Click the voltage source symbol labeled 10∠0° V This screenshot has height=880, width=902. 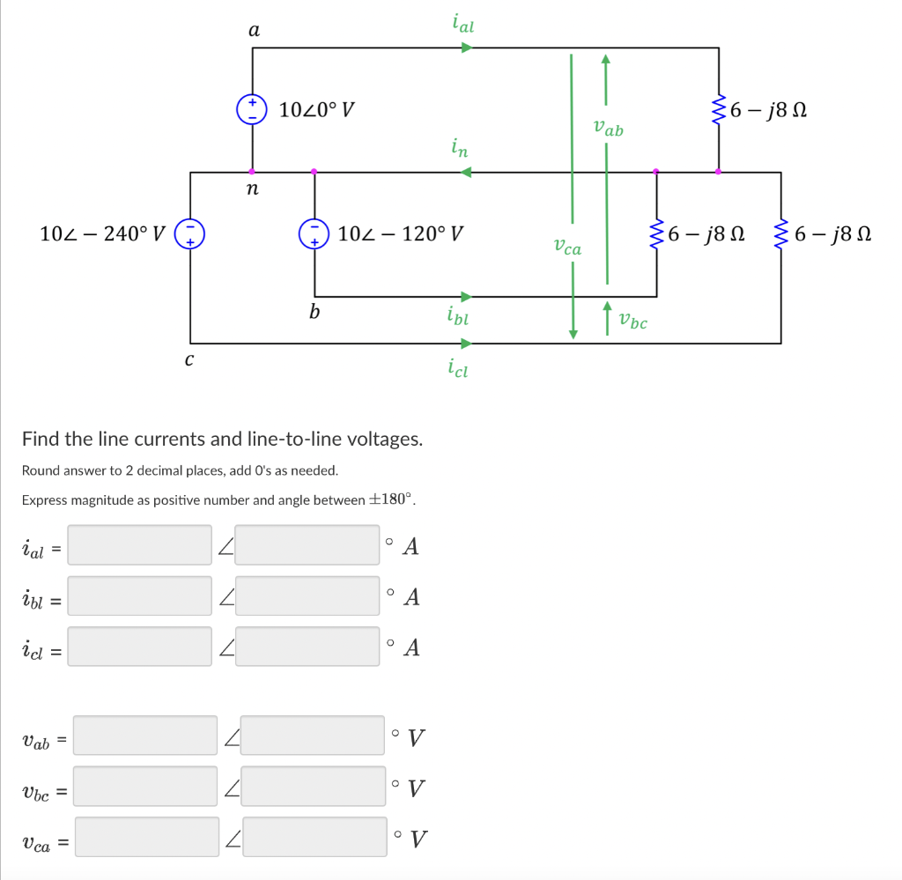253,110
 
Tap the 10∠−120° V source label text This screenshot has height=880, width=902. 401,234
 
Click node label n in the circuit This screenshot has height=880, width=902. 253,189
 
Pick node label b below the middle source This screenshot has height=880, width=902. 314,311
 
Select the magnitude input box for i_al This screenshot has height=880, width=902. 140,545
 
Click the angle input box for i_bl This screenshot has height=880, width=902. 307,596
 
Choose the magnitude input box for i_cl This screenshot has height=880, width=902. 140,647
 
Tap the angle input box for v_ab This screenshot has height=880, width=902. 312,736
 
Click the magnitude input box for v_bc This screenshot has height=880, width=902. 145,786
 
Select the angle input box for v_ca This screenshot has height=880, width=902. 314,837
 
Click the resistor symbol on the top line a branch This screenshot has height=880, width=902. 719,110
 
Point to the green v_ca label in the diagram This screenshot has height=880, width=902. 567,248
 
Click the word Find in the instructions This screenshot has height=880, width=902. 41,439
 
